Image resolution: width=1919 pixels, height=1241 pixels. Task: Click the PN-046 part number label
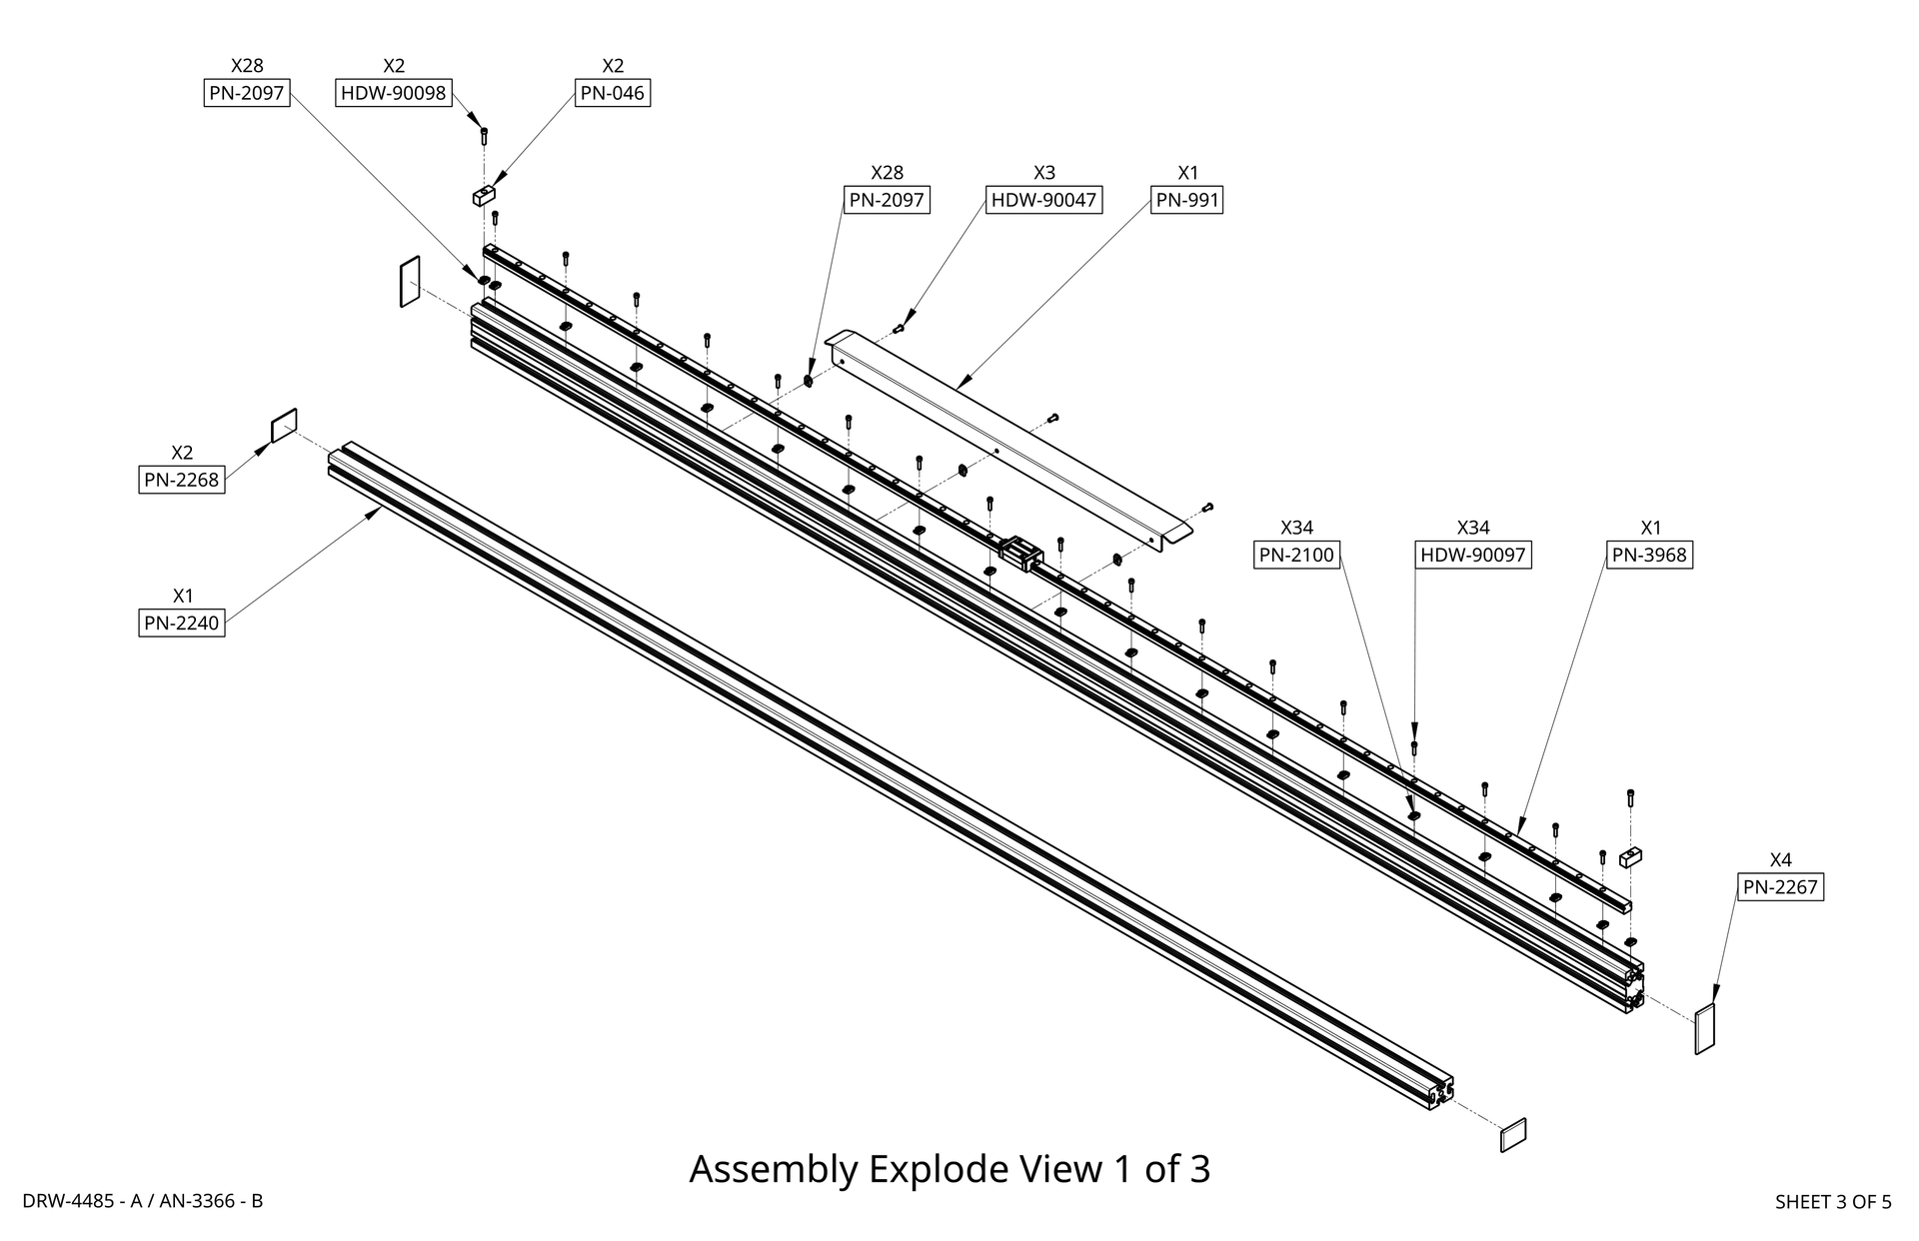click(x=613, y=93)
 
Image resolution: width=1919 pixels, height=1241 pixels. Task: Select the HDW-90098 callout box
click(x=394, y=93)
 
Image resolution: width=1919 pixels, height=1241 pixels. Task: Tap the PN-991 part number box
click(x=1187, y=200)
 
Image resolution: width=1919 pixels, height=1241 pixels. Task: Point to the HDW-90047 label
click(x=1043, y=200)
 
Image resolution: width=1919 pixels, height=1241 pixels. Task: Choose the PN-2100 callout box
click(x=1296, y=555)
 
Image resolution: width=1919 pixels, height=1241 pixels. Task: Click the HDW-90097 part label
click(x=1473, y=555)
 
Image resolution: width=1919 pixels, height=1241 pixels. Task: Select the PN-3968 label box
click(x=1650, y=555)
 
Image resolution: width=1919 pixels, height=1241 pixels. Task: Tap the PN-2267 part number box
click(x=1780, y=886)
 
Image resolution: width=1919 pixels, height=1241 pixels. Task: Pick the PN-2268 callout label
click(x=181, y=480)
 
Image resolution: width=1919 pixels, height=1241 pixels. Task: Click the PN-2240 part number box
click(x=181, y=623)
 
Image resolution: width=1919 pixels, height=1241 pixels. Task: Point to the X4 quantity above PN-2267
click(x=1780, y=859)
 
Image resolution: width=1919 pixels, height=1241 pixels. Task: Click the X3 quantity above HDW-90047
click(x=1043, y=173)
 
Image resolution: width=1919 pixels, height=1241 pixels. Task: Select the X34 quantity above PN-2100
click(x=1296, y=528)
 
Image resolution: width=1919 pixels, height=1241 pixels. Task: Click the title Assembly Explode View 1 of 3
click(x=950, y=1168)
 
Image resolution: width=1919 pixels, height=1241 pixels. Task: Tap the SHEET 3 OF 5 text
click(x=1833, y=1202)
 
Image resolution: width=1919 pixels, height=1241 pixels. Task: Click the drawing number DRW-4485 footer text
click(x=143, y=1201)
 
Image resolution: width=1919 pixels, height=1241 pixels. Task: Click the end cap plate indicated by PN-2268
click(x=284, y=425)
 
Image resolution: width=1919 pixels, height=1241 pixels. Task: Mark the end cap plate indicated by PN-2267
click(x=1704, y=1029)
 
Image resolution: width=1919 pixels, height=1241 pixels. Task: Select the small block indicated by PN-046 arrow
click(x=484, y=195)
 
